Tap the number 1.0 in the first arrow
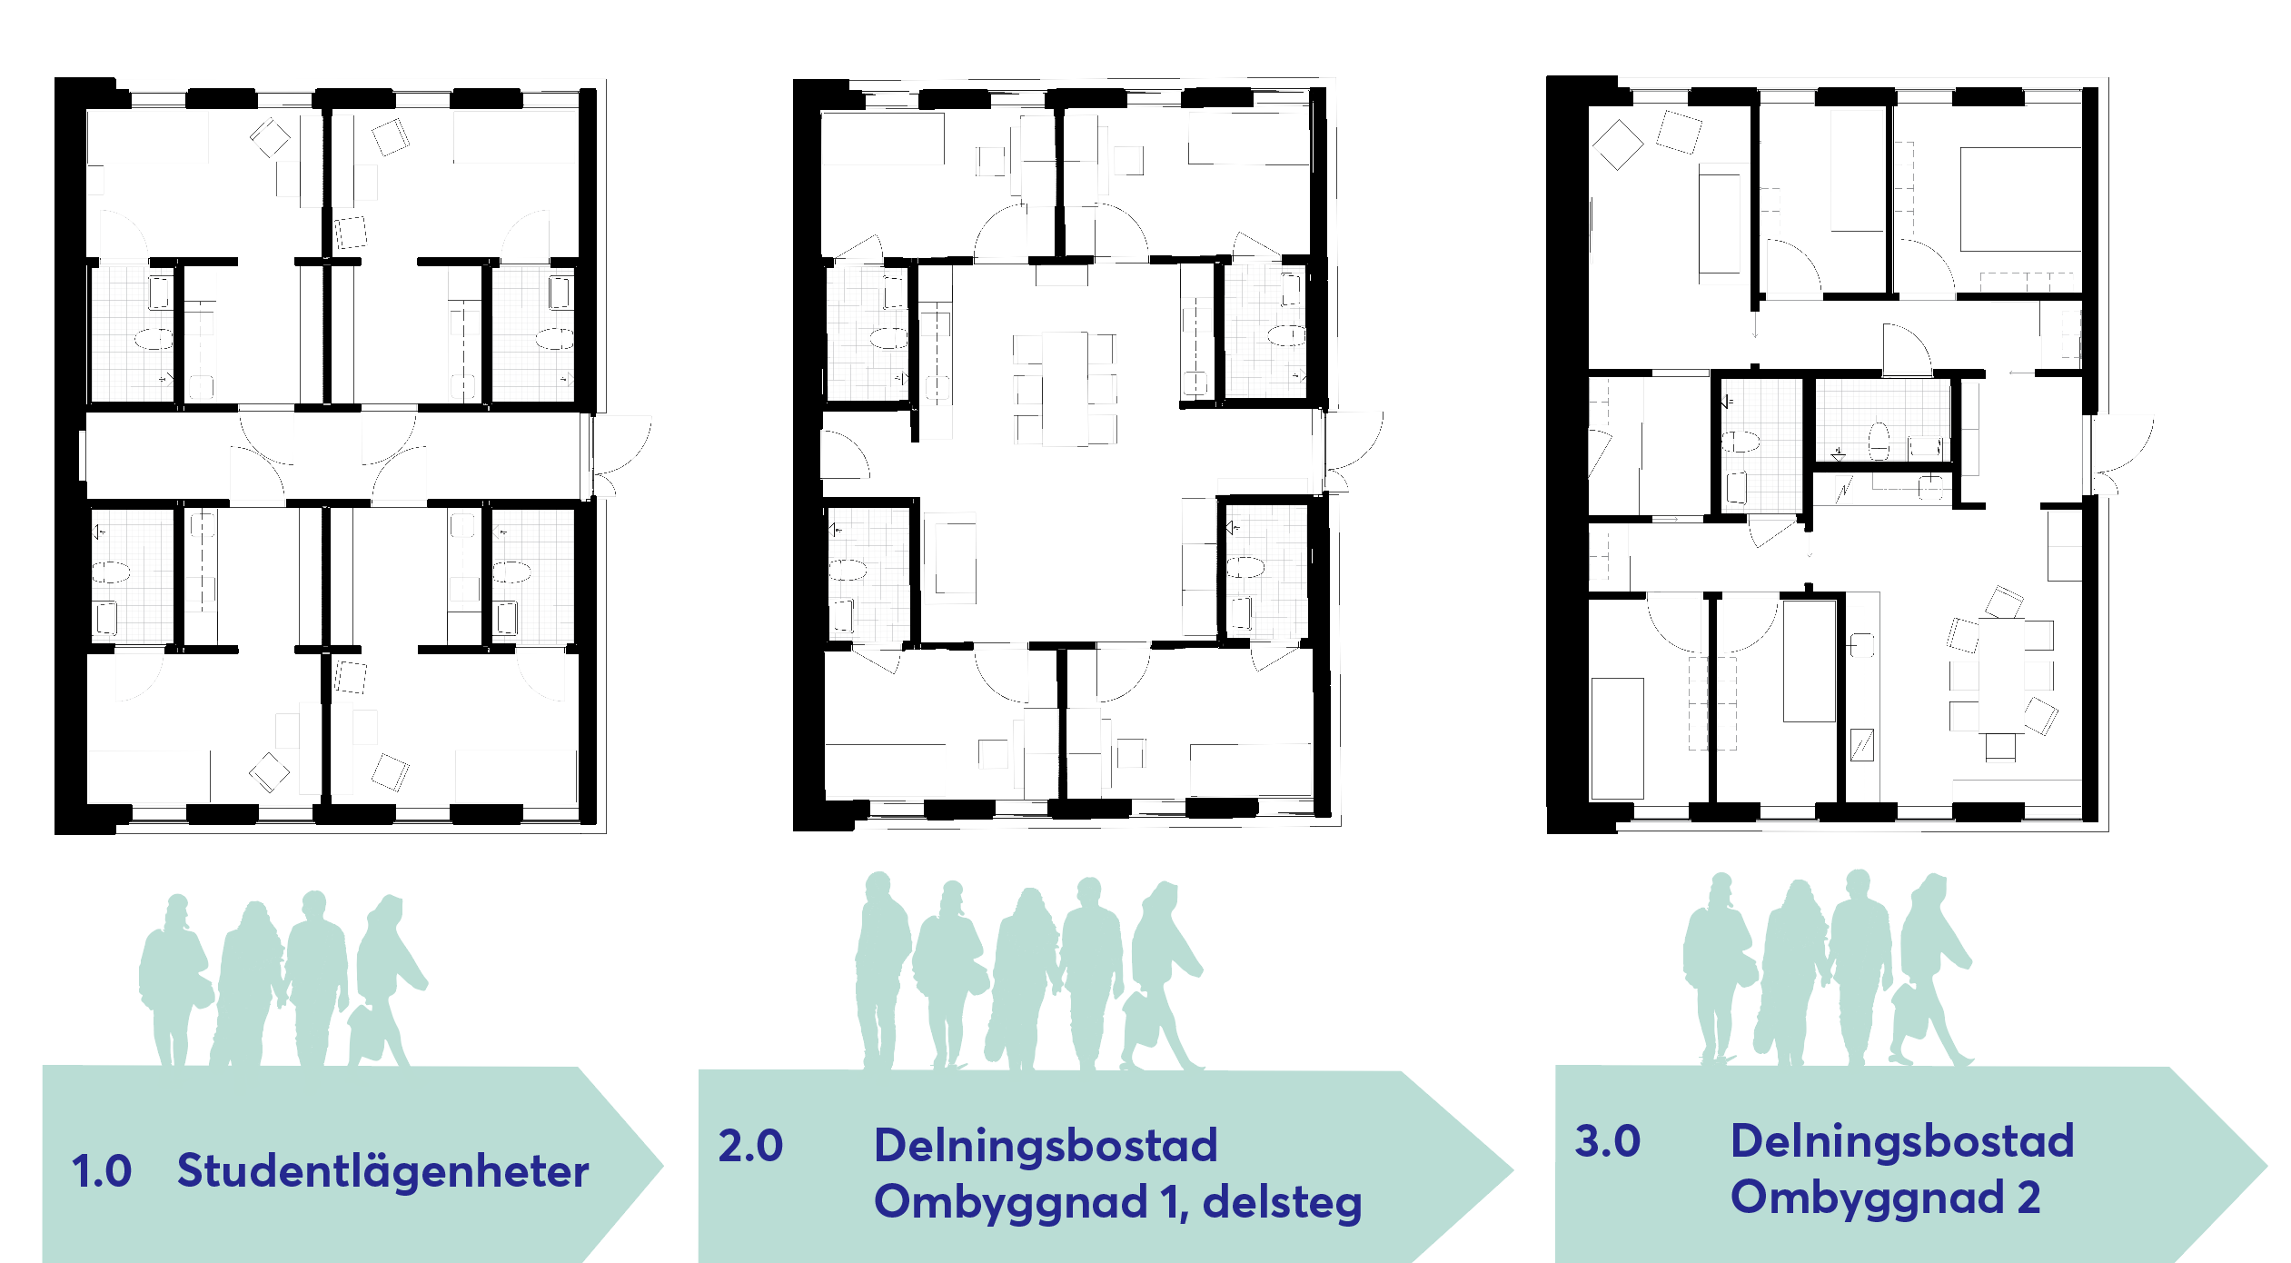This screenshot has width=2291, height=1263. click(x=102, y=1171)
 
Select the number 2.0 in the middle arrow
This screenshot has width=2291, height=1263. click(x=750, y=1146)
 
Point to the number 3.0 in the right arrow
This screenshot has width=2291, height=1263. click(x=1607, y=1141)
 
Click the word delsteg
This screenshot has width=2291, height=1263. click(x=1282, y=1203)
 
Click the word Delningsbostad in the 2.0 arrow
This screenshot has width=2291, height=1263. click(x=1046, y=1145)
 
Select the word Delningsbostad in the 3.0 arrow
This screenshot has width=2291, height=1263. click(x=1902, y=1140)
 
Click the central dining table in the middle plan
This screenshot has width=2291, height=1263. click(x=1065, y=389)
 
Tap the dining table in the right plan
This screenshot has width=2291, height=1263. click(x=2001, y=675)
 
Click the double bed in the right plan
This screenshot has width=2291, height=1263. click(x=2020, y=200)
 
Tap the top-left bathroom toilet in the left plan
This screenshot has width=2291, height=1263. click(x=154, y=340)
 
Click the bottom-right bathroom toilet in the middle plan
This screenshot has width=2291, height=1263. click(x=1245, y=568)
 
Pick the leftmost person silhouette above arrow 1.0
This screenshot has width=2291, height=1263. click(x=174, y=980)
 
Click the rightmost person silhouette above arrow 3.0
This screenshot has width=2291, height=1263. click(x=1935, y=969)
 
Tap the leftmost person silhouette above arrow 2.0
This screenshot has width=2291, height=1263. click(x=882, y=970)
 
